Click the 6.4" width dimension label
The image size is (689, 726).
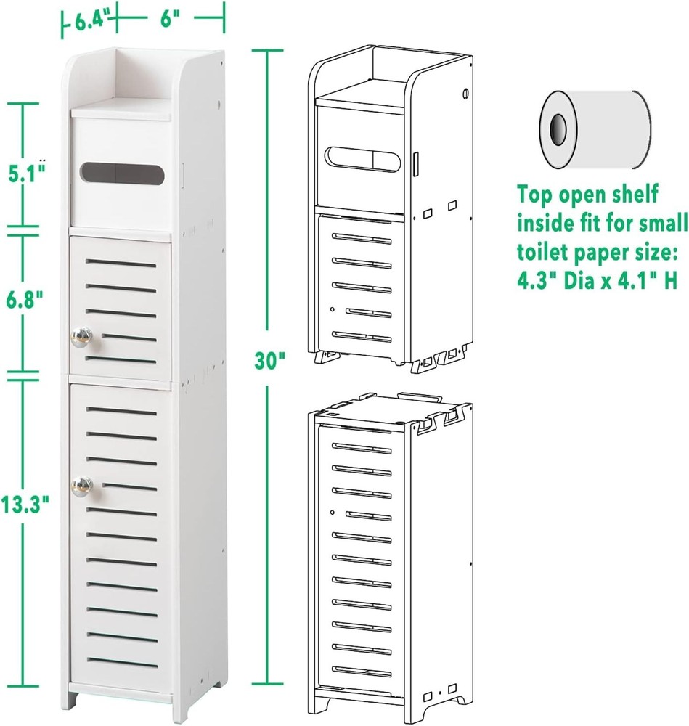click(92, 21)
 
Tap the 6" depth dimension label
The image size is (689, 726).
click(169, 20)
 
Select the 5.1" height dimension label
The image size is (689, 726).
click(27, 172)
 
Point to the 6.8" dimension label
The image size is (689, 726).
click(24, 300)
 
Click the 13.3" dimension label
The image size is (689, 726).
click(24, 504)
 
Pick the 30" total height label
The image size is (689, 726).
click(269, 359)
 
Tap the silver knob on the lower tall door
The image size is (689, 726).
click(81, 486)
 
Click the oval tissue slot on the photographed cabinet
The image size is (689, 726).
click(122, 174)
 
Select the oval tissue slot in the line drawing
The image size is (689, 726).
click(362, 159)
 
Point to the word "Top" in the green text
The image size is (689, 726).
click(535, 194)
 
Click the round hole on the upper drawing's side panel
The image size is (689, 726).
click(466, 94)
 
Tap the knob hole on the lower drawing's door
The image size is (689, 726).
click(333, 512)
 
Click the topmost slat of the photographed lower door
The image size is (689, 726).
click(121, 411)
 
